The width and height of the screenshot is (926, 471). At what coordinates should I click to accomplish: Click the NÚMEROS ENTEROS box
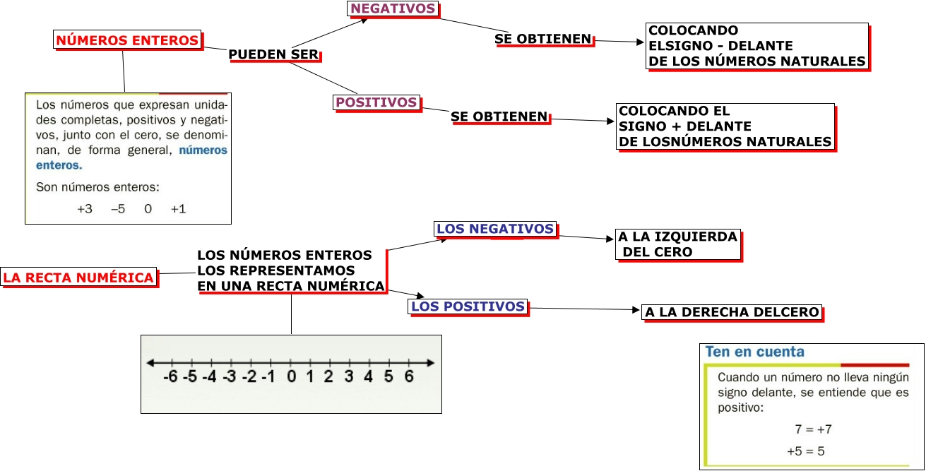127,40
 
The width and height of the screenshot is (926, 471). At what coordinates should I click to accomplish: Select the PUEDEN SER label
274,54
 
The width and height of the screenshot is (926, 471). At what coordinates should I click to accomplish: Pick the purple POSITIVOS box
376,102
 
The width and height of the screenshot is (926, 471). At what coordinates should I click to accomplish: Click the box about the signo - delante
756,46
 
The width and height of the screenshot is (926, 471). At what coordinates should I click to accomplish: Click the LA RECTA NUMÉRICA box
78,278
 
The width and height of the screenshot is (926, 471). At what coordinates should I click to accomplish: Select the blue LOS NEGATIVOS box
494,229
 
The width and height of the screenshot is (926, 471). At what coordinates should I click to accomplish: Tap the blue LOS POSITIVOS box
468,306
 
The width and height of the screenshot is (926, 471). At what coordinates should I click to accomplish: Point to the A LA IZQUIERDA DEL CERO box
677,244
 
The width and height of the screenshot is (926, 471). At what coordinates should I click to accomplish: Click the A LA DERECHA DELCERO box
732,312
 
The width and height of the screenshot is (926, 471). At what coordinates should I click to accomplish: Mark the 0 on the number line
291,376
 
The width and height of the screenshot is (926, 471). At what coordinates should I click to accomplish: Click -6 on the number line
170,376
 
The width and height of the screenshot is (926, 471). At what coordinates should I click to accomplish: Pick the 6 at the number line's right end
408,376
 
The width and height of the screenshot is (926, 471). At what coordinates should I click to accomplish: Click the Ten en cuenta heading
754,352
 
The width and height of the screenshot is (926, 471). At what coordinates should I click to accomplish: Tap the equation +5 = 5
806,451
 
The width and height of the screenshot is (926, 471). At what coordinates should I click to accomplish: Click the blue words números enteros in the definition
203,150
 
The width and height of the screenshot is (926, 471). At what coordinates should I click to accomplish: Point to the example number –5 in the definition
118,209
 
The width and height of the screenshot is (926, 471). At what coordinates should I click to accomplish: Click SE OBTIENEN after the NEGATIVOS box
542,39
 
